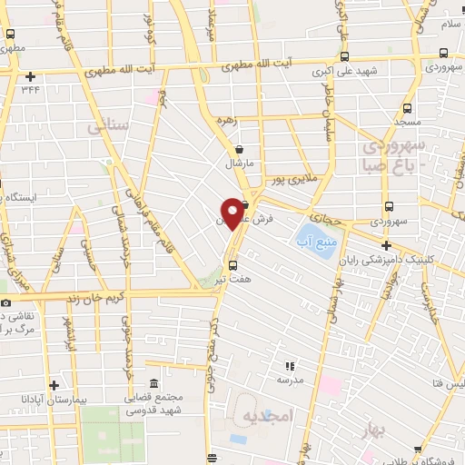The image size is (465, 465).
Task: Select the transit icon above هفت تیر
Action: coord(233,266)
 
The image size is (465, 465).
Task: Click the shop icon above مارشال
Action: coord(238,150)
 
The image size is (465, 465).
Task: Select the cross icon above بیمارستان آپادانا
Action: coord(54,386)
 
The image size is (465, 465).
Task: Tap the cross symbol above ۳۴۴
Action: coord(33,76)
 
